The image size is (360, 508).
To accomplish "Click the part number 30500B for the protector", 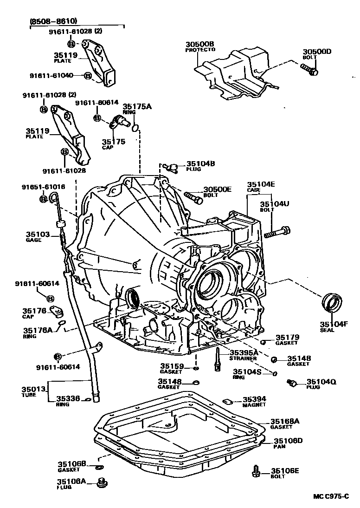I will (200, 45).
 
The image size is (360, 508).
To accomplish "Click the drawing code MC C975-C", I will (330, 496).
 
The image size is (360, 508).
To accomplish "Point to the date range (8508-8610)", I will (53, 21).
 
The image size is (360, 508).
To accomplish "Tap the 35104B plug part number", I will (200, 163).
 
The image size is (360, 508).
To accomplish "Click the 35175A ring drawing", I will (135, 127).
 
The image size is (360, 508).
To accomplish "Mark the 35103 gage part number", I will (38, 234).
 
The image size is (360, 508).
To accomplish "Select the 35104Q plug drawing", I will (292, 383).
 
